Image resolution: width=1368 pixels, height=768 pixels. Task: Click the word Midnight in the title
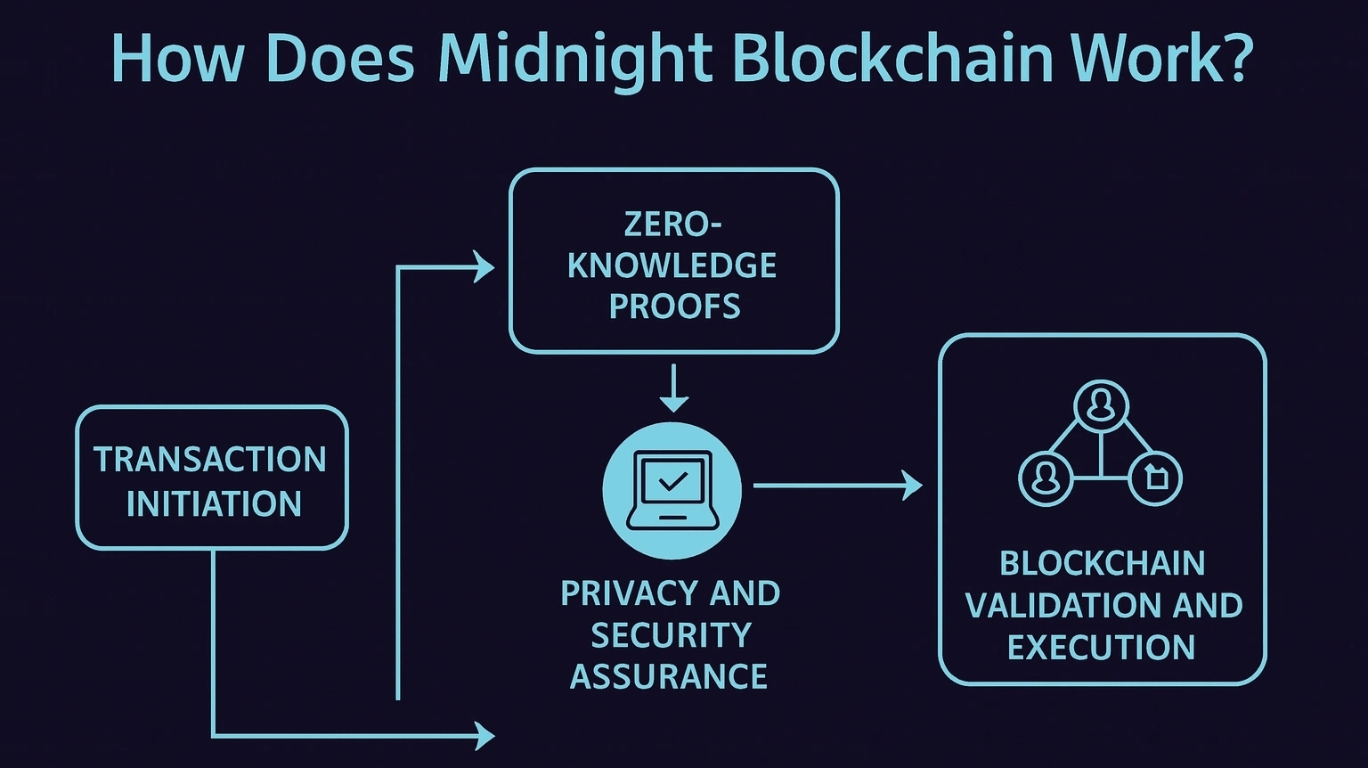click(x=575, y=59)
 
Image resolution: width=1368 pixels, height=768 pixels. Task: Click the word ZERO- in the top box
click(x=672, y=224)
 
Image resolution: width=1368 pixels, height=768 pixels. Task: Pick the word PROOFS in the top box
click(x=674, y=306)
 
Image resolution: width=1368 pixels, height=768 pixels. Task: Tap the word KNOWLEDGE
click(x=672, y=266)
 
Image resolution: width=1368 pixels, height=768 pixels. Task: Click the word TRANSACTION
click(x=211, y=460)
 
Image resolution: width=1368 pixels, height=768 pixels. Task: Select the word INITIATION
click(x=214, y=504)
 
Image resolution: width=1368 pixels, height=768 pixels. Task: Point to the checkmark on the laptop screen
click(x=672, y=482)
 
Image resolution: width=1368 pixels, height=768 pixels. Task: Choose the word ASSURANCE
click(x=669, y=677)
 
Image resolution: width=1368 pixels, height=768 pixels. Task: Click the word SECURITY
click(x=671, y=635)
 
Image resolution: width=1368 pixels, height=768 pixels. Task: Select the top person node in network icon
click(x=1102, y=405)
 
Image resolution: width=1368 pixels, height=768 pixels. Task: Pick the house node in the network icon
click(x=1156, y=478)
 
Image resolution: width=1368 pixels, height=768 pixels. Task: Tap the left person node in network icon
click(x=1046, y=478)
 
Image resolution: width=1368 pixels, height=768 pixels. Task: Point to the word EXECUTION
click(x=1101, y=648)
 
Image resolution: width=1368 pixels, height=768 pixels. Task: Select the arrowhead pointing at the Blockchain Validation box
click(x=913, y=486)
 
